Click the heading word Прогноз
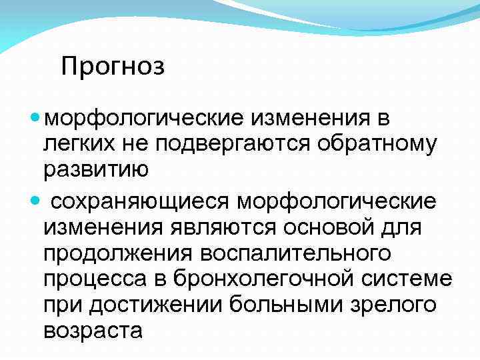(112, 67)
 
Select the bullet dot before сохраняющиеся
(36, 200)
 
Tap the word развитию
(96, 170)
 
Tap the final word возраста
(93, 331)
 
